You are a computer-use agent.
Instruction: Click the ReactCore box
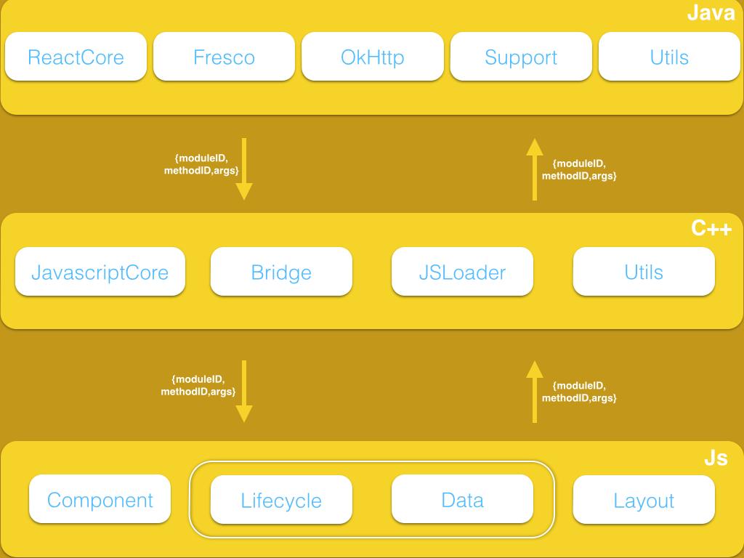pyautogui.click(x=76, y=57)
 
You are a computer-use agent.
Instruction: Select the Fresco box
pyautogui.click(x=224, y=57)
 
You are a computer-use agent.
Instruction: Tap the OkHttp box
pyautogui.click(x=373, y=57)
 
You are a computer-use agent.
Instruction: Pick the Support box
pyautogui.click(x=521, y=57)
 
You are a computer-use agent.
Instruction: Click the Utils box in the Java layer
pyautogui.click(x=669, y=57)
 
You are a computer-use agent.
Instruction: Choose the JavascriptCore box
pyautogui.click(x=100, y=272)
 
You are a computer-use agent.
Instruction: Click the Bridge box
pyautogui.click(x=281, y=272)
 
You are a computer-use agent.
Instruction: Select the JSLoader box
pyautogui.click(x=462, y=272)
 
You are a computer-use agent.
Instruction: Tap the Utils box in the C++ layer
pyautogui.click(x=644, y=272)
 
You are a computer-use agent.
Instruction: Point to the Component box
pyautogui.click(x=100, y=499)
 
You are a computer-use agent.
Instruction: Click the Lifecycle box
pyautogui.click(x=281, y=499)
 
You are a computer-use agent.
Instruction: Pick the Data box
pyautogui.click(x=462, y=499)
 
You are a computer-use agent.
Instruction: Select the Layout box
pyautogui.click(x=644, y=499)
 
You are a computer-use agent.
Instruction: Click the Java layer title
pyautogui.click(x=711, y=13)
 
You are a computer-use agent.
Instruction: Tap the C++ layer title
pyautogui.click(x=711, y=228)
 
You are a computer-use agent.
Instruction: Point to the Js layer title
pyautogui.click(x=716, y=458)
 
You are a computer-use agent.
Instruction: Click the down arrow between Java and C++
pyautogui.click(x=244, y=169)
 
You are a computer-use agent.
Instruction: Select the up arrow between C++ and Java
pyautogui.click(x=534, y=169)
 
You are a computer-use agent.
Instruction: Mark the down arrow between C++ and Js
pyautogui.click(x=244, y=392)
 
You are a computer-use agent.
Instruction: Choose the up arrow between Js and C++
pyautogui.click(x=534, y=392)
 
